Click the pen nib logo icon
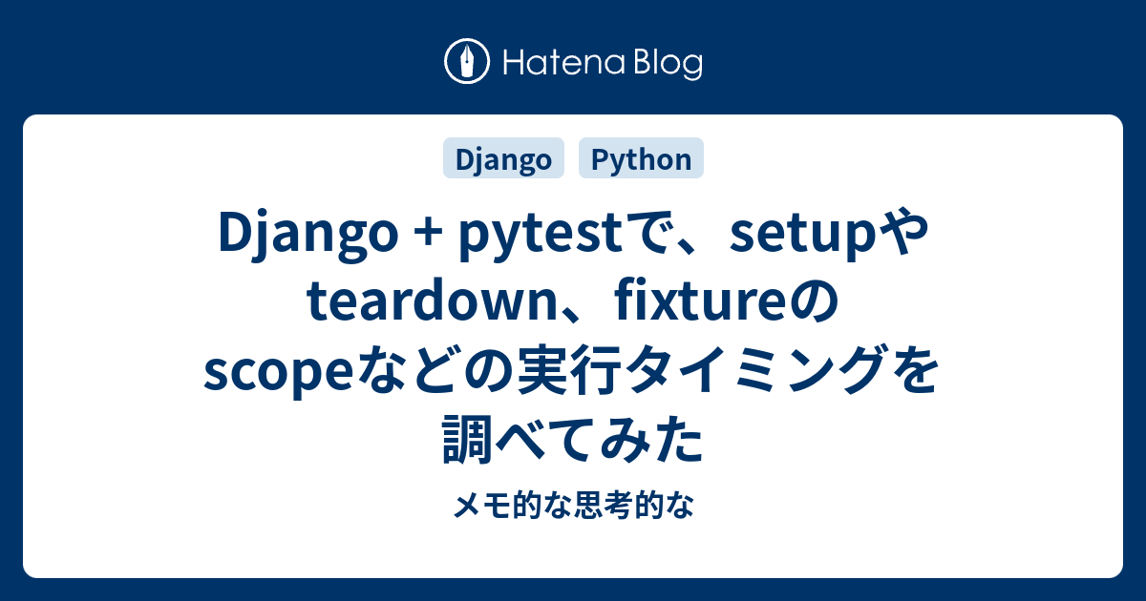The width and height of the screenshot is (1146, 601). coord(467,61)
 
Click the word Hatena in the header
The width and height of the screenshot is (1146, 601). coord(564,63)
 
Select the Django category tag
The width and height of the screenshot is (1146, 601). coord(503,158)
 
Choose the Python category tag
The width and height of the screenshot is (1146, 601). coord(641,158)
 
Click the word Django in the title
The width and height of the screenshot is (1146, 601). coord(308,234)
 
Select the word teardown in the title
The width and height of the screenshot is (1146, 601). coord(433,301)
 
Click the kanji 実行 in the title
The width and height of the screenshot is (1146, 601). coord(566,370)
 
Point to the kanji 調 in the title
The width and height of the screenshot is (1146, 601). coord(467,439)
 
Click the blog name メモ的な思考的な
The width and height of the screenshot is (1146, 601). coord(573,505)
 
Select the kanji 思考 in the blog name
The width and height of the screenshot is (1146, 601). coord(603,505)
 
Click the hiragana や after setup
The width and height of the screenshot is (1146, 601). coord(903,234)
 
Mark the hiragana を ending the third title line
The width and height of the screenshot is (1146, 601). coord(914,370)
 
